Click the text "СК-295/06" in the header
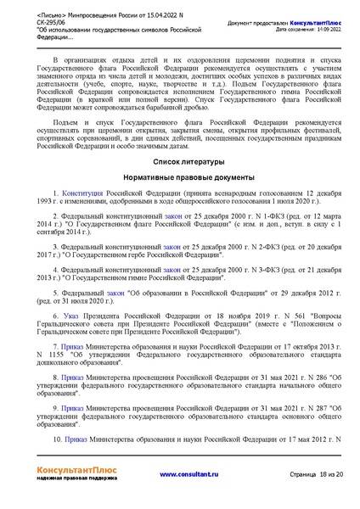(x=55, y=24)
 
